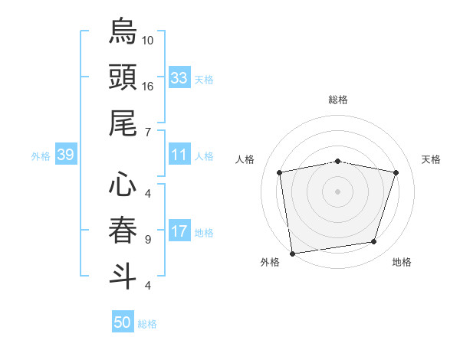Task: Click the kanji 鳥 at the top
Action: [x=123, y=31]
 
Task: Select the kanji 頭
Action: [x=123, y=77]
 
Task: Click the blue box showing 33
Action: [x=179, y=77]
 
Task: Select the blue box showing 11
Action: [x=179, y=155]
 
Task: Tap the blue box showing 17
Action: [x=179, y=232]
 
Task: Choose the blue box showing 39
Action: [x=65, y=155]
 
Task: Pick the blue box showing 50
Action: [x=123, y=322]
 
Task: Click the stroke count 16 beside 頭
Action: [x=148, y=86]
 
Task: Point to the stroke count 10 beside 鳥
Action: [x=148, y=40]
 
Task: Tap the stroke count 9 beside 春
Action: [x=147, y=239]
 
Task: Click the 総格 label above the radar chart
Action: [x=337, y=100]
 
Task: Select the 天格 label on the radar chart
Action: [x=431, y=159]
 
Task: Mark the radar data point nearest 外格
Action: [x=292, y=253]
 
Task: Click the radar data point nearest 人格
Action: [x=281, y=172]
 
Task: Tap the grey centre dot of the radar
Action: [x=337, y=191]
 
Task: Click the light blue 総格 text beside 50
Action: [x=147, y=324]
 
